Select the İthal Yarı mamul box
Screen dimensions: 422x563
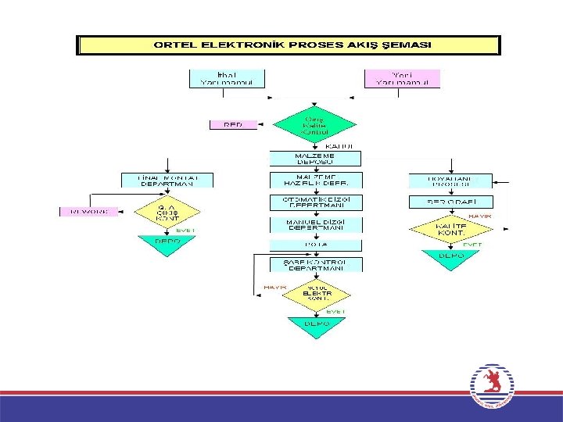tap(227, 78)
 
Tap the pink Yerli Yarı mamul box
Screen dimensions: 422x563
tap(402, 78)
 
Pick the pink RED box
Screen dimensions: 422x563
tap(232, 124)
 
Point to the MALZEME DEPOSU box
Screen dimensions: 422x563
tap(315, 159)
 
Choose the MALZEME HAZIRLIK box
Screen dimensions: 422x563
tap(315, 180)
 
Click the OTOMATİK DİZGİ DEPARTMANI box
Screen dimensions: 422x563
tap(315, 202)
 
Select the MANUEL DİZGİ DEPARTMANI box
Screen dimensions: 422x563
tap(315, 224)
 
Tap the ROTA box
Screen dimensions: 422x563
tap(315, 244)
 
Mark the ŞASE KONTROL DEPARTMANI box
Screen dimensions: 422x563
tap(315, 265)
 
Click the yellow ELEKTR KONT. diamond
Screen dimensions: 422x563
tap(315, 294)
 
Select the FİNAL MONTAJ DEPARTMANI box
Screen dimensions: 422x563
tap(166, 180)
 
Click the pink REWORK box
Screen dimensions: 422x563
tap(89, 211)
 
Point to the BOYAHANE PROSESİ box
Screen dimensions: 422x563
tap(450, 181)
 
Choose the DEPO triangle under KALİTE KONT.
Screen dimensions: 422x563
tap(450, 259)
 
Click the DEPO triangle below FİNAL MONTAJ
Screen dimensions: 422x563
tap(167, 244)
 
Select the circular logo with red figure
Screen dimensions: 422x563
tap(492, 386)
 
